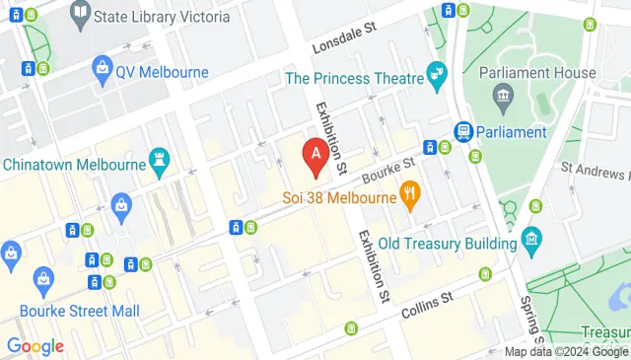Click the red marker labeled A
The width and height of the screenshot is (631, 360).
(315, 154)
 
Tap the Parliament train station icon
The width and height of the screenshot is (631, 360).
(462, 132)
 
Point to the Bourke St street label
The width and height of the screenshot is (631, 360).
(386, 174)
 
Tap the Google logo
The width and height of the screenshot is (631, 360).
(35, 346)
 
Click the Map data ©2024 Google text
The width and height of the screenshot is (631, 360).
(566, 352)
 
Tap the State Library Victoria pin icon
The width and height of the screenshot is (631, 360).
(81, 15)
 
